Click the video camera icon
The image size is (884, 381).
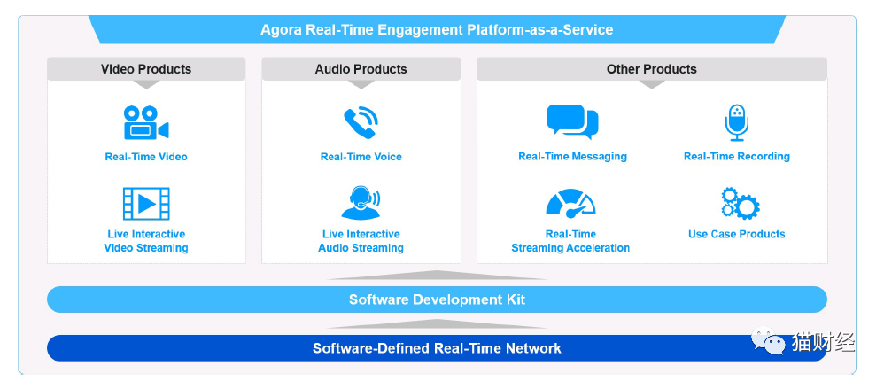tap(146, 122)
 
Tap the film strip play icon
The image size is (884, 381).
tap(146, 204)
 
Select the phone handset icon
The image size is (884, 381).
tap(361, 122)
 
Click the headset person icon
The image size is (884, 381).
tap(361, 203)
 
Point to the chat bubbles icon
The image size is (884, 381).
tap(572, 121)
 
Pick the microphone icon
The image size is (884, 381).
tap(736, 122)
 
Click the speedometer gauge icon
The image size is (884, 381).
tap(570, 204)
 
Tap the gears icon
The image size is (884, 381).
tap(741, 204)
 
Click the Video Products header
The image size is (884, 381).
tap(146, 69)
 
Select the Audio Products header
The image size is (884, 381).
tap(361, 69)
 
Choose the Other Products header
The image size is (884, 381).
tap(652, 69)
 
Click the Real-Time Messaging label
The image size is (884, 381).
tap(572, 157)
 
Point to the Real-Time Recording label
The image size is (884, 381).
tap(736, 157)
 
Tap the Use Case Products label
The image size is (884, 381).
tap(736, 234)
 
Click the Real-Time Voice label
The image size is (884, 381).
tap(361, 157)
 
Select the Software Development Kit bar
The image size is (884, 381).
tap(437, 299)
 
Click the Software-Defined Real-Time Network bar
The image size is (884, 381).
tap(437, 347)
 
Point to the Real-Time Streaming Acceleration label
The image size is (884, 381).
tap(570, 241)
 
